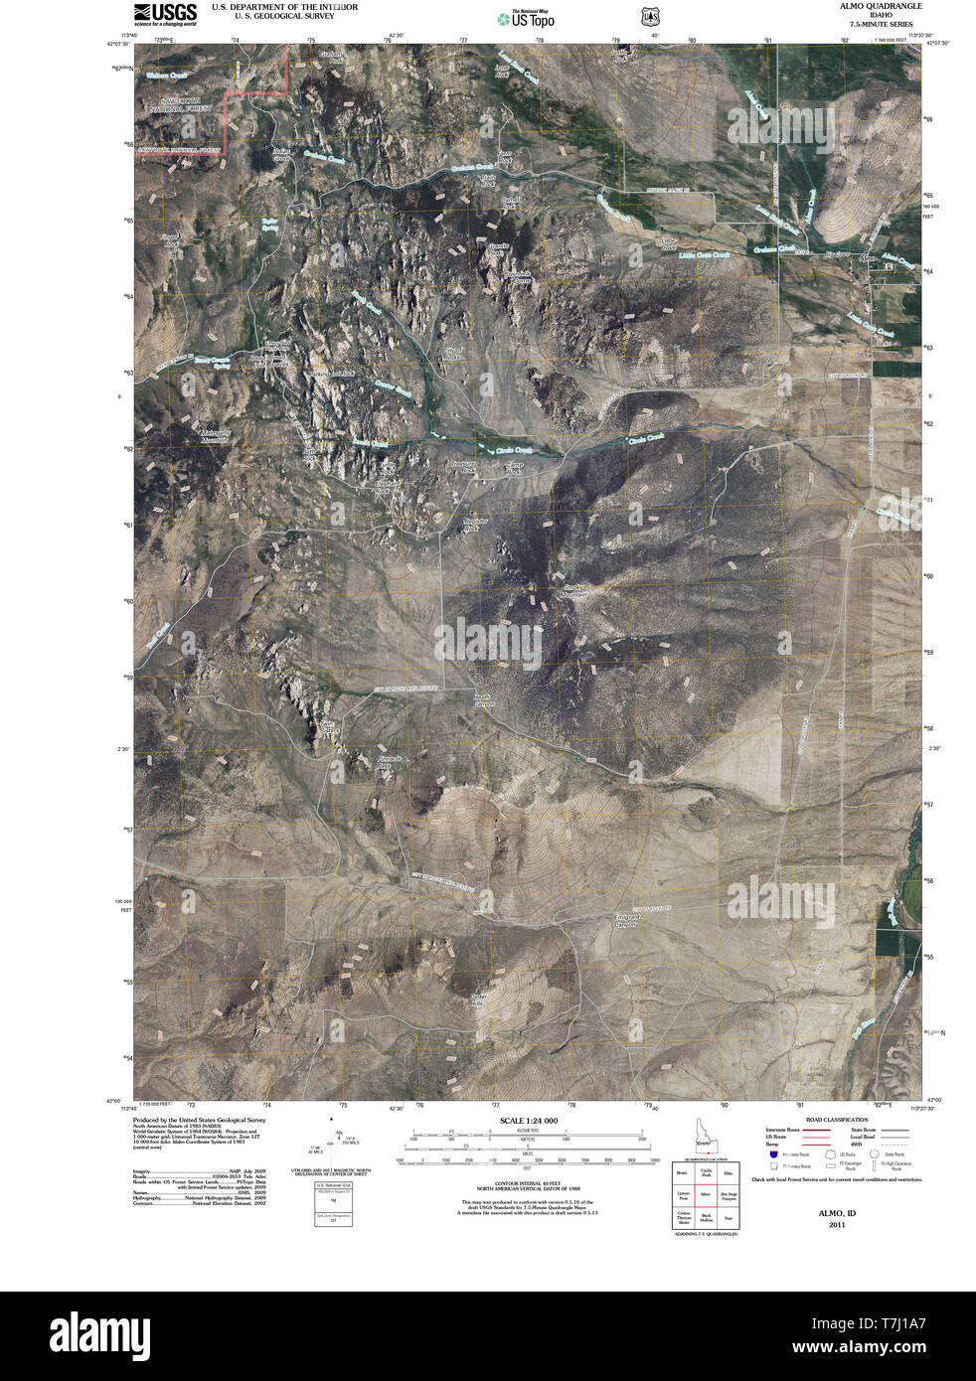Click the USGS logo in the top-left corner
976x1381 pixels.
coord(165,13)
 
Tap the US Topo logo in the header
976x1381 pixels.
coord(527,17)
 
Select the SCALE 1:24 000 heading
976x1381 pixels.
coord(529,1121)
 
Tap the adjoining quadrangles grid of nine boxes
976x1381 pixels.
coord(707,1194)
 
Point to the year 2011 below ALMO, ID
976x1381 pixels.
coord(837,1225)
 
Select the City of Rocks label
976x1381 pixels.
coord(453,354)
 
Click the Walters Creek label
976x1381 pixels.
coord(166,76)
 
